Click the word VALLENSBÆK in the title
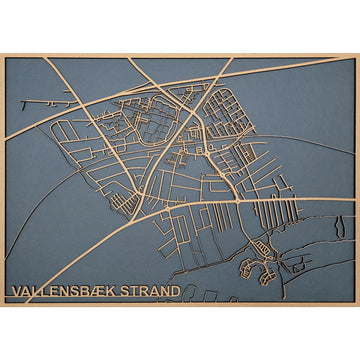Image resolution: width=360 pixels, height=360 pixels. point(68,292)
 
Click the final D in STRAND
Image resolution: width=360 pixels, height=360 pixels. point(177,292)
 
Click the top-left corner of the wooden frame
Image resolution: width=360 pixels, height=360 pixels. point(2,54)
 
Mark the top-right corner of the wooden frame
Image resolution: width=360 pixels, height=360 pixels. point(357,54)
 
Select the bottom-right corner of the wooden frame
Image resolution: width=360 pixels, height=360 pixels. point(357,305)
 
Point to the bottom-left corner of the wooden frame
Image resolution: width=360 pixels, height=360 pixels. point(2,305)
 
